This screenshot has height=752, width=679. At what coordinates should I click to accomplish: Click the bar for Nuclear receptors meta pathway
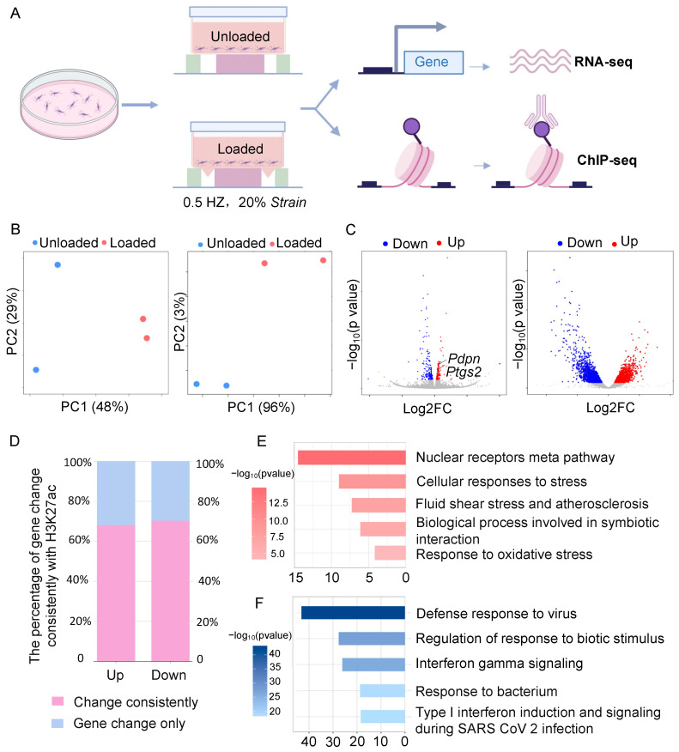click(x=351, y=458)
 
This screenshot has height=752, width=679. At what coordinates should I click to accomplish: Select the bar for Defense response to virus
click(x=353, y=613)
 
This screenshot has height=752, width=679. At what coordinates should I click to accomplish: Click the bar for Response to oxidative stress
click(x=389, y=555)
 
